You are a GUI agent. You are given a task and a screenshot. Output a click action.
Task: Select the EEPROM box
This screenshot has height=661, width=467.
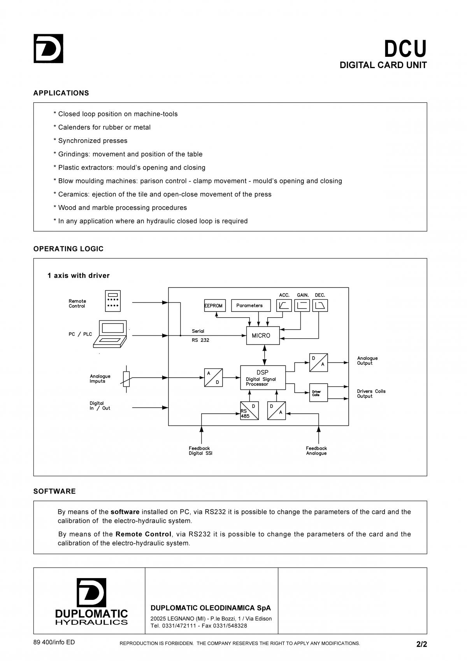pos(215,306)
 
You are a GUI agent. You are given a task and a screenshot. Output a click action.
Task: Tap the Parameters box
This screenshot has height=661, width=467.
pos(251,306)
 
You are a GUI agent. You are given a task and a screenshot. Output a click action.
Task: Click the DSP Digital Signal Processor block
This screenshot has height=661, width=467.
pos(263,378)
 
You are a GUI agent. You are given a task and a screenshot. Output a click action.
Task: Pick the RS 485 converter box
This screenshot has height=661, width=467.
pos(249,410)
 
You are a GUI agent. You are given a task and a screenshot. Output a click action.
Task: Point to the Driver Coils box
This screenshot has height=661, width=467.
pos(318,392)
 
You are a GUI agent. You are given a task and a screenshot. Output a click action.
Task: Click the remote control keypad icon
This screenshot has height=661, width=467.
pos(113,301)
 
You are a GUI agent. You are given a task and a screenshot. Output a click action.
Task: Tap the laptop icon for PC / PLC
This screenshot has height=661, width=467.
pos(110,334)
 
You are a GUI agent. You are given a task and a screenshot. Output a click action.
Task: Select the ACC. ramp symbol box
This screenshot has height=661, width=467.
pos(284,306)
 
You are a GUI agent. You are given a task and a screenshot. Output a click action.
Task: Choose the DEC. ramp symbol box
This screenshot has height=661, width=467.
pos(320,306)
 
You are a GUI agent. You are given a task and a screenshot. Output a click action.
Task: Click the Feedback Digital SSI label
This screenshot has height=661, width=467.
pos(200,451)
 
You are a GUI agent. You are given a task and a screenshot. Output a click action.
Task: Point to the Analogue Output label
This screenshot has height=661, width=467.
pos(367,360)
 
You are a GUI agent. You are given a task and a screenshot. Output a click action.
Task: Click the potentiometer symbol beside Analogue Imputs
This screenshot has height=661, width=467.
pos(126,379)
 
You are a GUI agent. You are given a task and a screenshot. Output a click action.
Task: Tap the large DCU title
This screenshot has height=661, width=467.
pos(405,49)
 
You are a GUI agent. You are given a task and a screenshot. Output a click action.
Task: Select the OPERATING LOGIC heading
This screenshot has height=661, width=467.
pos(68,249)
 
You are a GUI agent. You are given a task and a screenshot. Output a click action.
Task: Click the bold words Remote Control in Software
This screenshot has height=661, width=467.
pos(143,534)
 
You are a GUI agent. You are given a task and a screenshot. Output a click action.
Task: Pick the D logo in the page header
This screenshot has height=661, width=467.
pos(48,48)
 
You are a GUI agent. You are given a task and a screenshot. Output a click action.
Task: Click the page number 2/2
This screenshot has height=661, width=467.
pos(421,644)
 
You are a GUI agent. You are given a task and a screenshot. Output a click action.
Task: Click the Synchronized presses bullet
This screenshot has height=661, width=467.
pos(90,141)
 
